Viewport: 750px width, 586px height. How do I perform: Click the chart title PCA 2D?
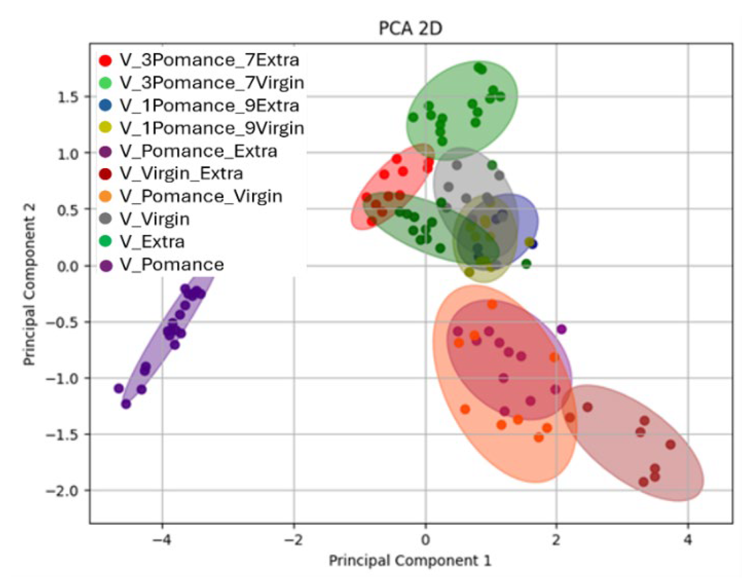(x=410, y=29)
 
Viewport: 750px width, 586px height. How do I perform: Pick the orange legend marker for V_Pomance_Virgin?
(x=105, y=197)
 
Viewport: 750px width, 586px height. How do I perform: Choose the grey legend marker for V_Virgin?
(x=105, y=219)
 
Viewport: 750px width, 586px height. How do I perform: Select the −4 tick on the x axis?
(x=162, y=540)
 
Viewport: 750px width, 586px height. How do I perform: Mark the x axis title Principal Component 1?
(x=410, y=561)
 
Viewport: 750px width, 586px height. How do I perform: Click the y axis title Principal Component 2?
(x=29, y=284)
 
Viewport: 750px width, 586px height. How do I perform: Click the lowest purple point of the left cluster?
(x=126, y=404)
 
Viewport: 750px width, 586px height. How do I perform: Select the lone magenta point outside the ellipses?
(x=561, y=329)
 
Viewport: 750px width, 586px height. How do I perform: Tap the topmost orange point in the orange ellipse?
(x=492, y=304)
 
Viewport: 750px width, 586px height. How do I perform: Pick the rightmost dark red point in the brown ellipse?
(x=670, y=444)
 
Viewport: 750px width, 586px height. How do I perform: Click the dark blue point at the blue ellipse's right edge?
(x=533, y=244)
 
